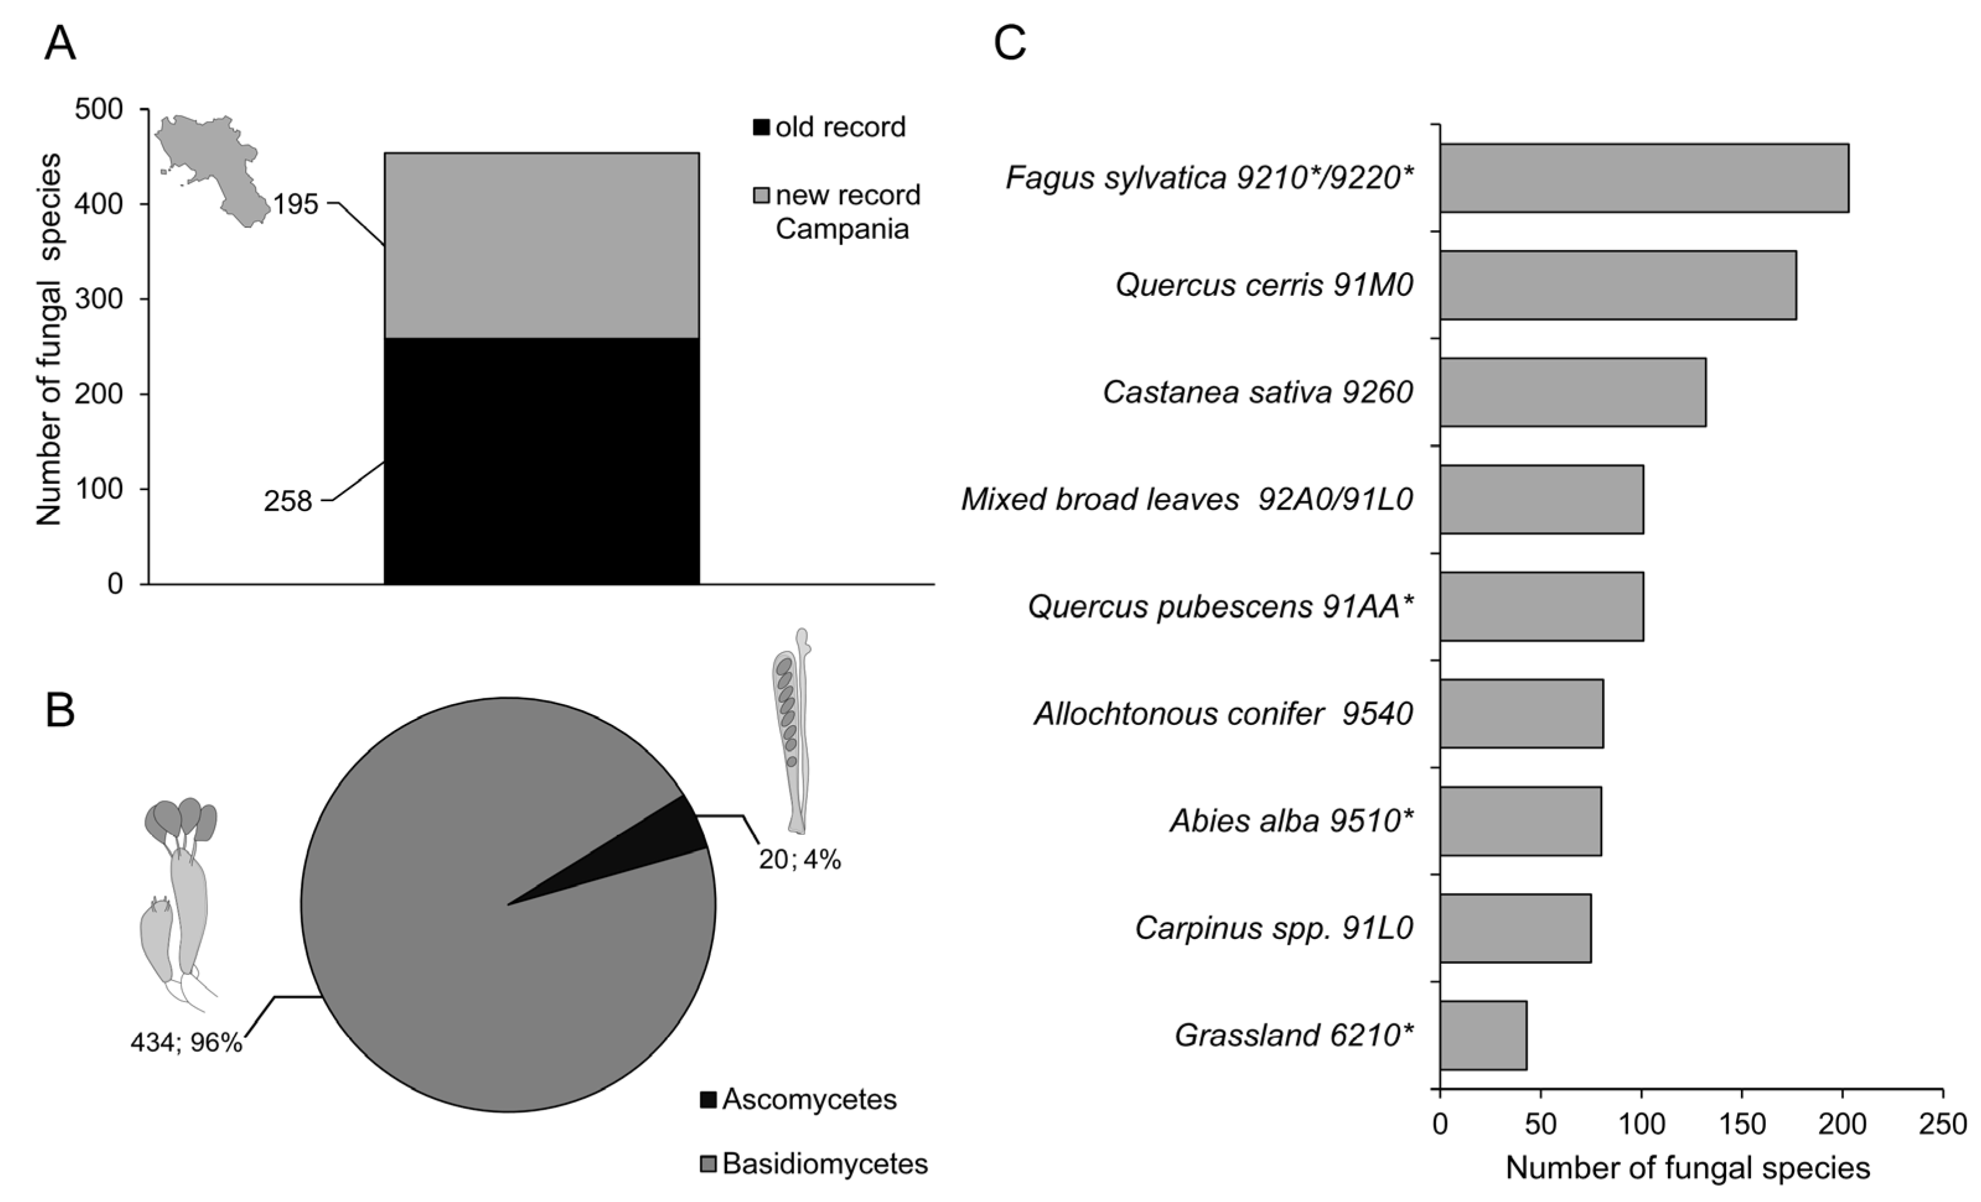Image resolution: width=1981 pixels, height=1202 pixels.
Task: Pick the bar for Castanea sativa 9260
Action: coord(1572,393)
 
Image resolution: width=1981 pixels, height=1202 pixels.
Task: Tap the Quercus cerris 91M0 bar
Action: coord(1617,285)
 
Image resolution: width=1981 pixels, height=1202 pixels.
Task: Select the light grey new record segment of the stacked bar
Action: coord(541,245)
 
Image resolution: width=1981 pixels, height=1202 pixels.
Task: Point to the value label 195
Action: coord(295,205)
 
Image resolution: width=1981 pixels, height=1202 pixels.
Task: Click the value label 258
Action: coord(287,502)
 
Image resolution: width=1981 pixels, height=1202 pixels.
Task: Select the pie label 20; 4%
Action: coord(799,860)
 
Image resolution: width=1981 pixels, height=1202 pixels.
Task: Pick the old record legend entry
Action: coord(829,127)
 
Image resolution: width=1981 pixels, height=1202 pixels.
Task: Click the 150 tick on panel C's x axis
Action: coord(1742,1123)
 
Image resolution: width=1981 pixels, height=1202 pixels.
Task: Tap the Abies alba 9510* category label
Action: coord(1291,821)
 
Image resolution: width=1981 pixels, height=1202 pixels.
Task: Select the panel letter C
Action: coord(1010,43)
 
